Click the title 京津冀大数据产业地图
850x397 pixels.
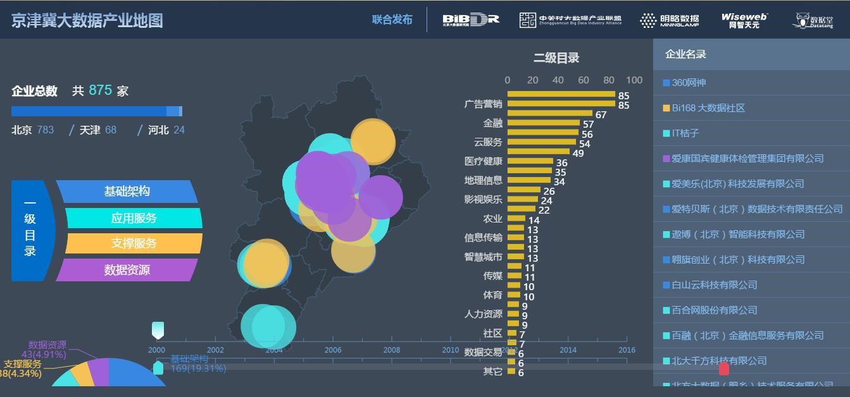coord(87,20)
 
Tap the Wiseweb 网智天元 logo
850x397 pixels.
coord(744,21)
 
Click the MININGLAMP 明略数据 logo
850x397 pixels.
coord(669,21)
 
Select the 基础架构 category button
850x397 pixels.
coord(127,192)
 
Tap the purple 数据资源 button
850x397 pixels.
coord(127,270)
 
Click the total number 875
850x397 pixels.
coord(100,90)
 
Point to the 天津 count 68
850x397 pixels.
coord(111,130)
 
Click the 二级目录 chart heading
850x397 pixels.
coord(556,58)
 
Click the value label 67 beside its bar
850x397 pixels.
coord(601,115)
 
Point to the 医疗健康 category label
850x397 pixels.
coord(483,161)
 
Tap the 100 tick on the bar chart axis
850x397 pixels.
coord(634,80)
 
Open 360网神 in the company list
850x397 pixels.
coord(688,83)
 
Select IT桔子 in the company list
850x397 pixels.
coord(685,133)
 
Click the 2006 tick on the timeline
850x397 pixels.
coord(333,350)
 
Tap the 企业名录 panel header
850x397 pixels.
coord(685,54)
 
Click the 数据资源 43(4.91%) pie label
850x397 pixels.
coord(47,350)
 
